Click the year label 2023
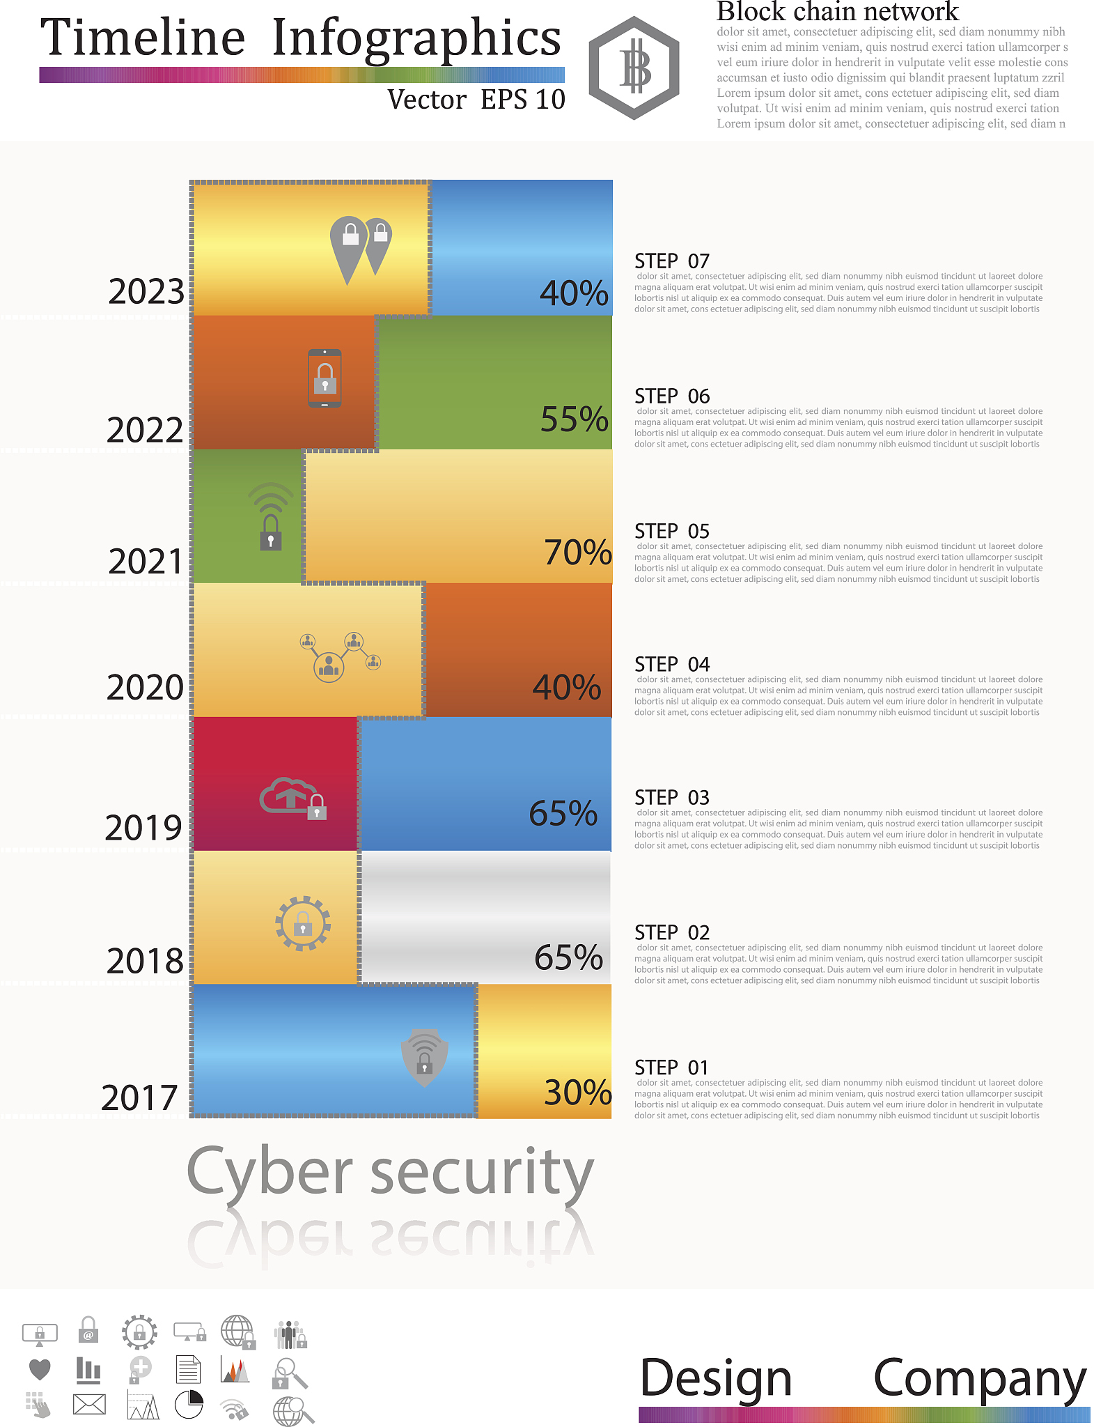click(146, 291)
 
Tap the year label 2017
click(140, 1097)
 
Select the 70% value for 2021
click(577, 552)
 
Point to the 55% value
click(575, 419)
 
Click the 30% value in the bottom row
click(577, 1092)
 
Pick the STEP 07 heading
click(671, 261)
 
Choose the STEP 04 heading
click(671, 665)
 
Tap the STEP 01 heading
click(671, 1067)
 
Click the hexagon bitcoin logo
click(634, 68)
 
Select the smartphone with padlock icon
click(325, 378)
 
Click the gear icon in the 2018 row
click(303, 924)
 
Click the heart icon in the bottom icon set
click(40, 1369)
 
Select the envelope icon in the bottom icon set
click(89, 1404)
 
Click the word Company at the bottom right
click(979, 1379)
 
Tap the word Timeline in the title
click(143, 38)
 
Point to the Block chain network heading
click(837, 12)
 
